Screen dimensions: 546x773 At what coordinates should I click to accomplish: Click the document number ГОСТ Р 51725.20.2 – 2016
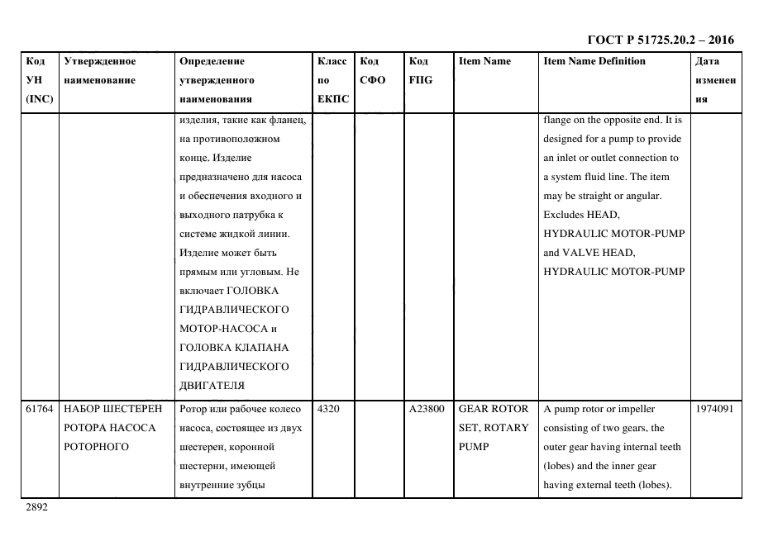point(660,40)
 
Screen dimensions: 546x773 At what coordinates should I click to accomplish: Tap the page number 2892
point(37,508)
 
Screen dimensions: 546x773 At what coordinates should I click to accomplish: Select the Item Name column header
point(484,61)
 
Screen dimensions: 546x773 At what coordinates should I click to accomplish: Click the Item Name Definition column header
point(594,61)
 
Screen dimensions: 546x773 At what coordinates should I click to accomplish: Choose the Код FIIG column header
point(421,70)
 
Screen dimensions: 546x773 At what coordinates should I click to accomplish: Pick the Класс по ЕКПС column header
point(333,80)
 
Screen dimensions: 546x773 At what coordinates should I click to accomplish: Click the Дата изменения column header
point(715,80)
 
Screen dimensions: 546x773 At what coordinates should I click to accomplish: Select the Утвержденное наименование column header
point(99,70)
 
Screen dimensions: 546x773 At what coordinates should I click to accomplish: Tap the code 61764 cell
point(40,409)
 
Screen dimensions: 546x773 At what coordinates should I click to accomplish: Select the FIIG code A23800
point(427,409)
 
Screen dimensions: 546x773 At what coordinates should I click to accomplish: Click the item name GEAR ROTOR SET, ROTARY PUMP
point(493,428)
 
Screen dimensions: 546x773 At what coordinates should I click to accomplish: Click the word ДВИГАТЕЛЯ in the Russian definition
point(212,385)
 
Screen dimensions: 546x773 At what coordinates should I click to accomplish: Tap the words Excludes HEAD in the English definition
point(580,215)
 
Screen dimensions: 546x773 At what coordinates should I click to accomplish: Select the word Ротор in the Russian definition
point(193,409)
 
